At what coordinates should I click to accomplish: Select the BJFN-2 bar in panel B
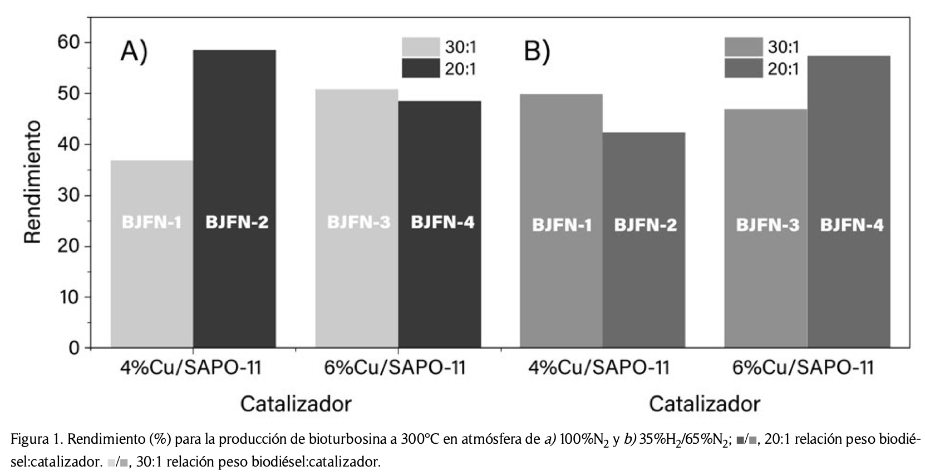(644, 240)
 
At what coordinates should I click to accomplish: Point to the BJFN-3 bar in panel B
(766, 228)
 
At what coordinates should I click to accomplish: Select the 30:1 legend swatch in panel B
(743, 46)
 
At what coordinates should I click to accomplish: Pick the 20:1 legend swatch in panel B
(743, 68)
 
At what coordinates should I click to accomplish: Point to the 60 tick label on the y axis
(68, 42)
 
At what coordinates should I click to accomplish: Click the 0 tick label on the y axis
(74, 348)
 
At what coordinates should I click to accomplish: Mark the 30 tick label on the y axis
(68, 196)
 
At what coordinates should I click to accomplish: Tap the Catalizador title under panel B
(704, 403)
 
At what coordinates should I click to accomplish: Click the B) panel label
(537, 52)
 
